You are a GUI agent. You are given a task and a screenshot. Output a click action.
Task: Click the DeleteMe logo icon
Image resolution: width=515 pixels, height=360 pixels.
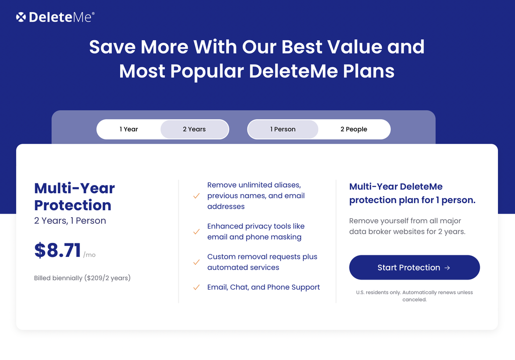21,17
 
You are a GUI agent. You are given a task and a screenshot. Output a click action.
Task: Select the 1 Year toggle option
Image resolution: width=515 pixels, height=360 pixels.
129,129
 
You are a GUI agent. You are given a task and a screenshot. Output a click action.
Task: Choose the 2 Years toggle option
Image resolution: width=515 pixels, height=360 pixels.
194,129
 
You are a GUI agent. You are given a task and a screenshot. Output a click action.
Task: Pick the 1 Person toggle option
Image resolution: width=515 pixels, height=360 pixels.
283,129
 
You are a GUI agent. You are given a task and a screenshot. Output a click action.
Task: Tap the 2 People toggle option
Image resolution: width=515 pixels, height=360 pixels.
354,129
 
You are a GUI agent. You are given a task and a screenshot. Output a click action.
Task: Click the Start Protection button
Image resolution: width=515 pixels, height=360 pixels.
414,267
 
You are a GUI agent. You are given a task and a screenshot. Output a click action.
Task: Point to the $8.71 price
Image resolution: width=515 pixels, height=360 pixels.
57,250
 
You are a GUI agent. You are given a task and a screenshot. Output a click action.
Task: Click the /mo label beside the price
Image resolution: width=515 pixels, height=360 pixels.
90,255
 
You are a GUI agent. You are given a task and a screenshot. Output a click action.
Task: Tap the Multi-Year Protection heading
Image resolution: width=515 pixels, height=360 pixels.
74,197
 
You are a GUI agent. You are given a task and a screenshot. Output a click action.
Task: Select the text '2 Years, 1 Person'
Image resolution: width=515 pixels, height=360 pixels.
70,221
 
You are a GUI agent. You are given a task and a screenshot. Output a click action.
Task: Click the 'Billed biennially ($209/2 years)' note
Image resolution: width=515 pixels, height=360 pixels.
82,278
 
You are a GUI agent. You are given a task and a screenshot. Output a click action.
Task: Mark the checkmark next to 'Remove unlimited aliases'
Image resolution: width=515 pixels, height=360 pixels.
197,196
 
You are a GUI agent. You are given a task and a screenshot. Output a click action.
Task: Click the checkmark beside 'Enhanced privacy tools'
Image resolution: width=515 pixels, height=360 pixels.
197,232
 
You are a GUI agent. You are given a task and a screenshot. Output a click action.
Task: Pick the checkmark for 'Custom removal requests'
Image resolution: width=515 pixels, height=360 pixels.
197,262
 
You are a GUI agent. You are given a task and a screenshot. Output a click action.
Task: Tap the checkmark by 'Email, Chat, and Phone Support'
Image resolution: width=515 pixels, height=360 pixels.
197,288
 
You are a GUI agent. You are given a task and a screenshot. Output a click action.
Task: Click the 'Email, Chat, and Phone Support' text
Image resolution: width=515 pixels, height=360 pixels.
264,287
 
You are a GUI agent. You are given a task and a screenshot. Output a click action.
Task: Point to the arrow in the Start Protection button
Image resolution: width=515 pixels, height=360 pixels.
447,268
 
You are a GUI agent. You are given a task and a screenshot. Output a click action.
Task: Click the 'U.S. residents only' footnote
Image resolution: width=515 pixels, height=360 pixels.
414,296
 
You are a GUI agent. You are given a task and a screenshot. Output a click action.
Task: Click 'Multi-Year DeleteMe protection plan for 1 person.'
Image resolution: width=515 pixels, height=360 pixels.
412,193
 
